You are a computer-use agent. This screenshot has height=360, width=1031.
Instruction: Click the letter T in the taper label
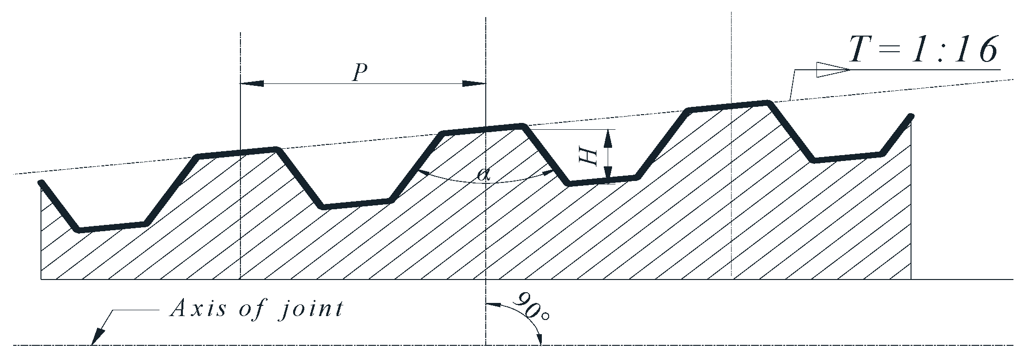(x=863, y=50)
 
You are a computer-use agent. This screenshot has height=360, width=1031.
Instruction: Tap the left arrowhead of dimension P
(x=252, y=83)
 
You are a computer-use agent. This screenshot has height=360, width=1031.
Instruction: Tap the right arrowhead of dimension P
(x=475, y=83)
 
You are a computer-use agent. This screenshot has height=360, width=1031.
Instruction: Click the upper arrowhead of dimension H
(x=608, y=139)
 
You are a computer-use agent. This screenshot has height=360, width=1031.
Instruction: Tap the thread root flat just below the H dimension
(x=603, y=181)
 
